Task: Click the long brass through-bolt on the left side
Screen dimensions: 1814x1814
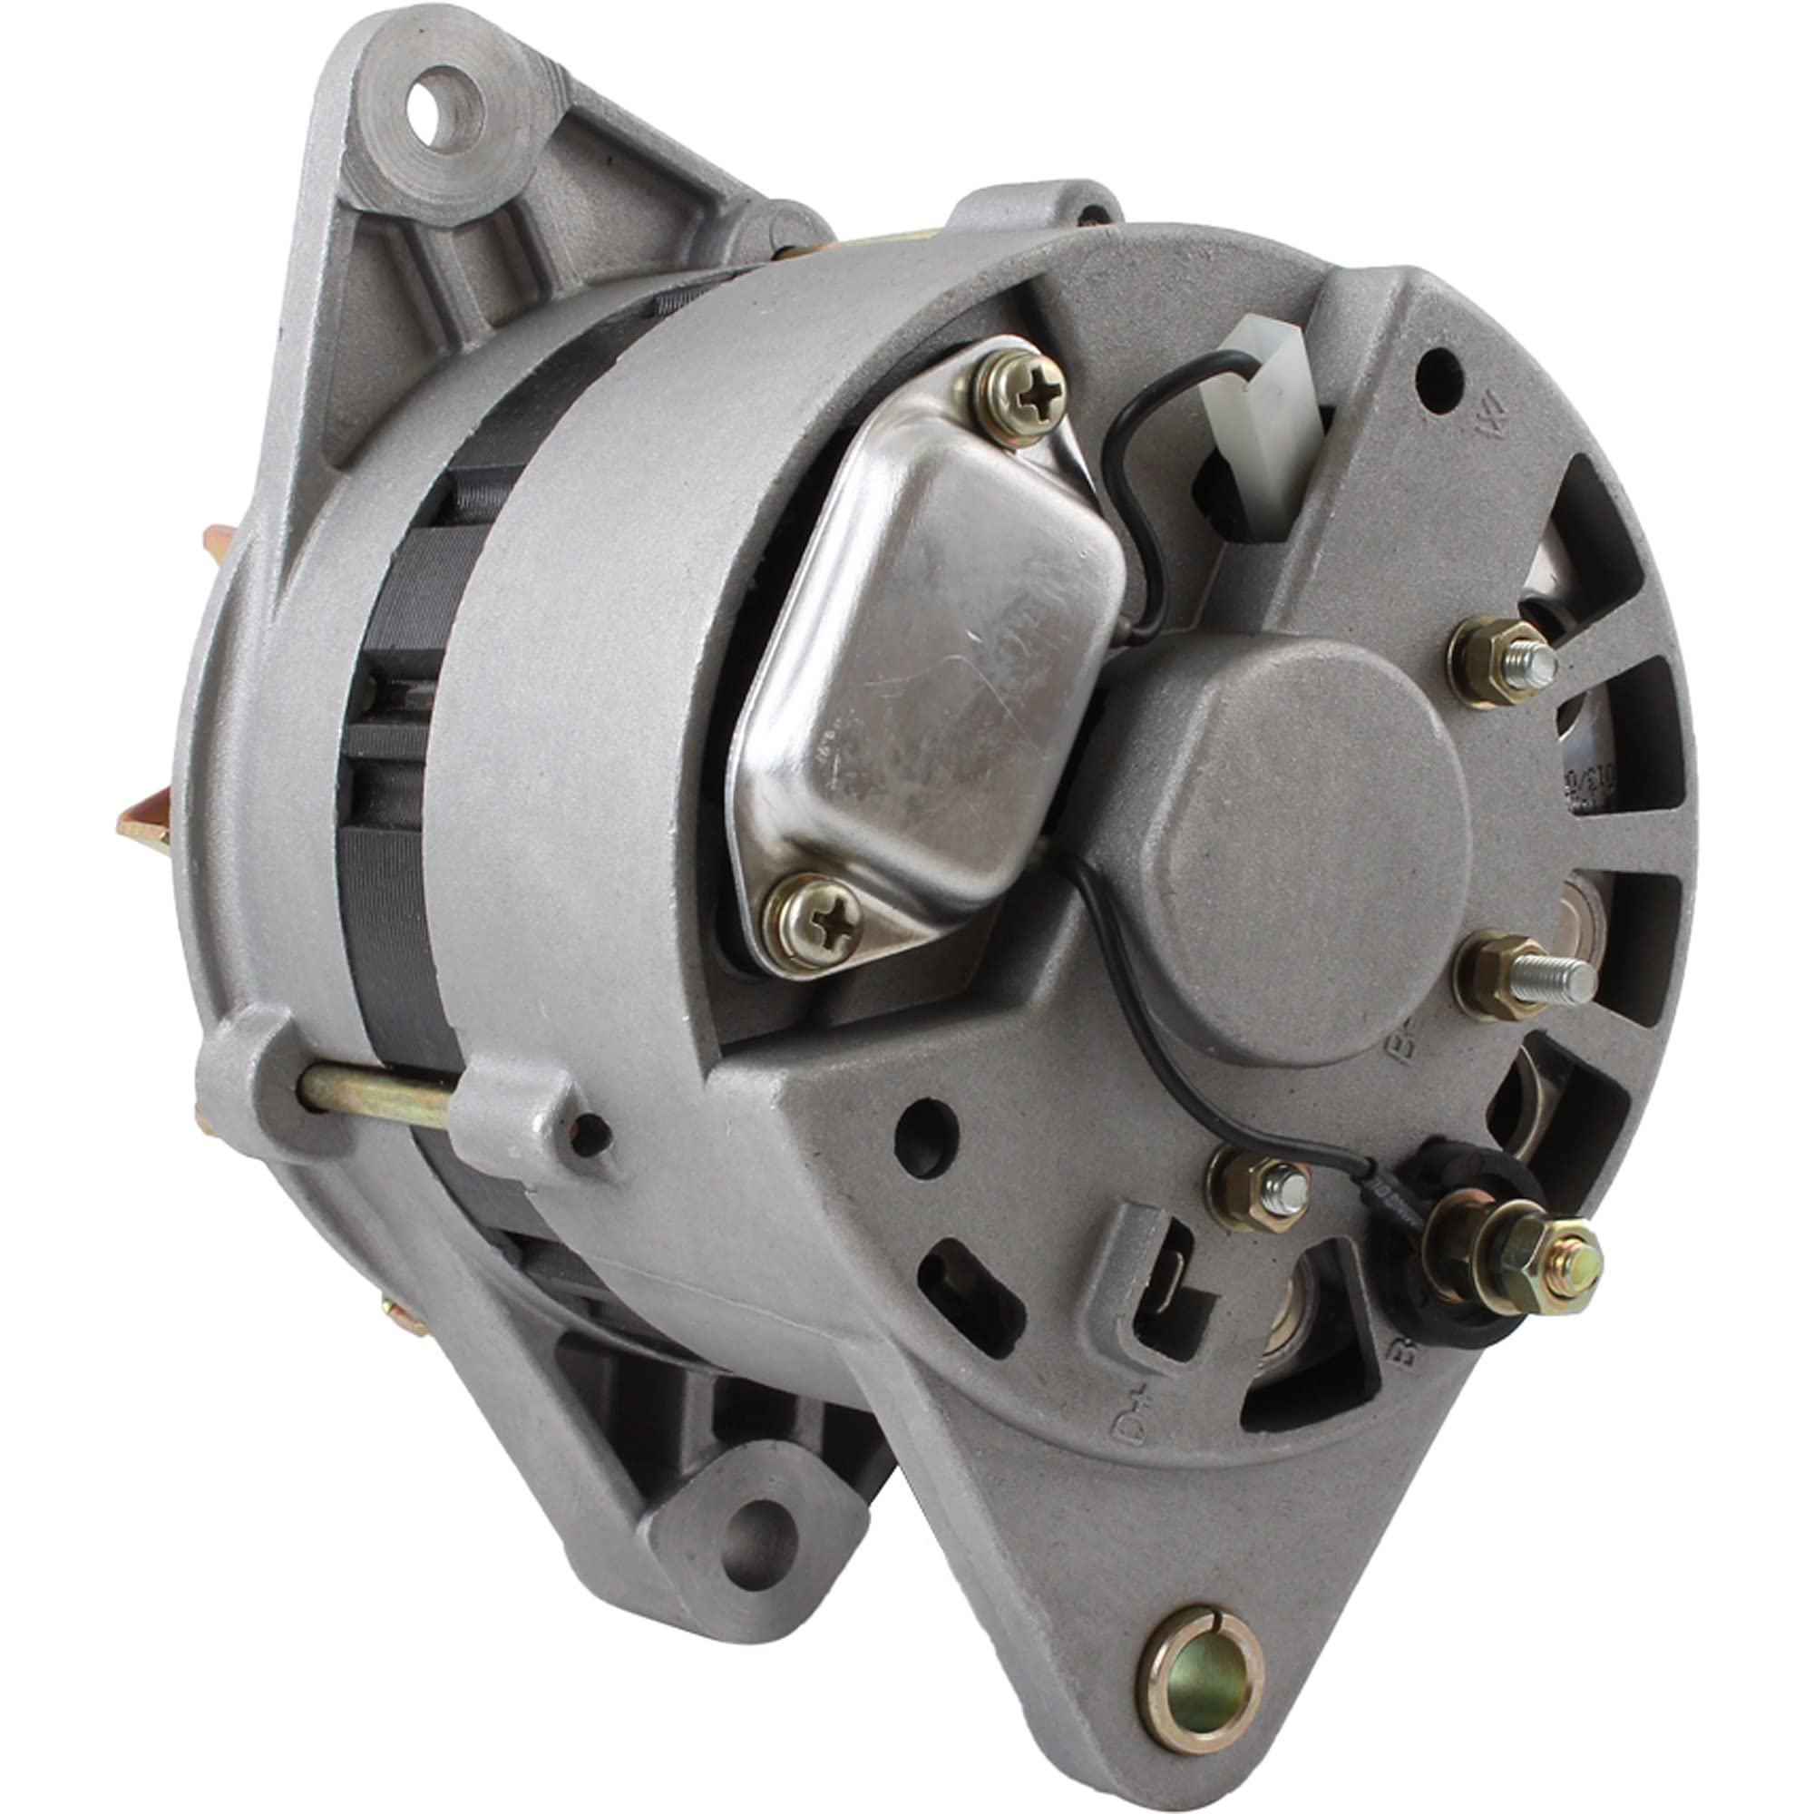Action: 375,1095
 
